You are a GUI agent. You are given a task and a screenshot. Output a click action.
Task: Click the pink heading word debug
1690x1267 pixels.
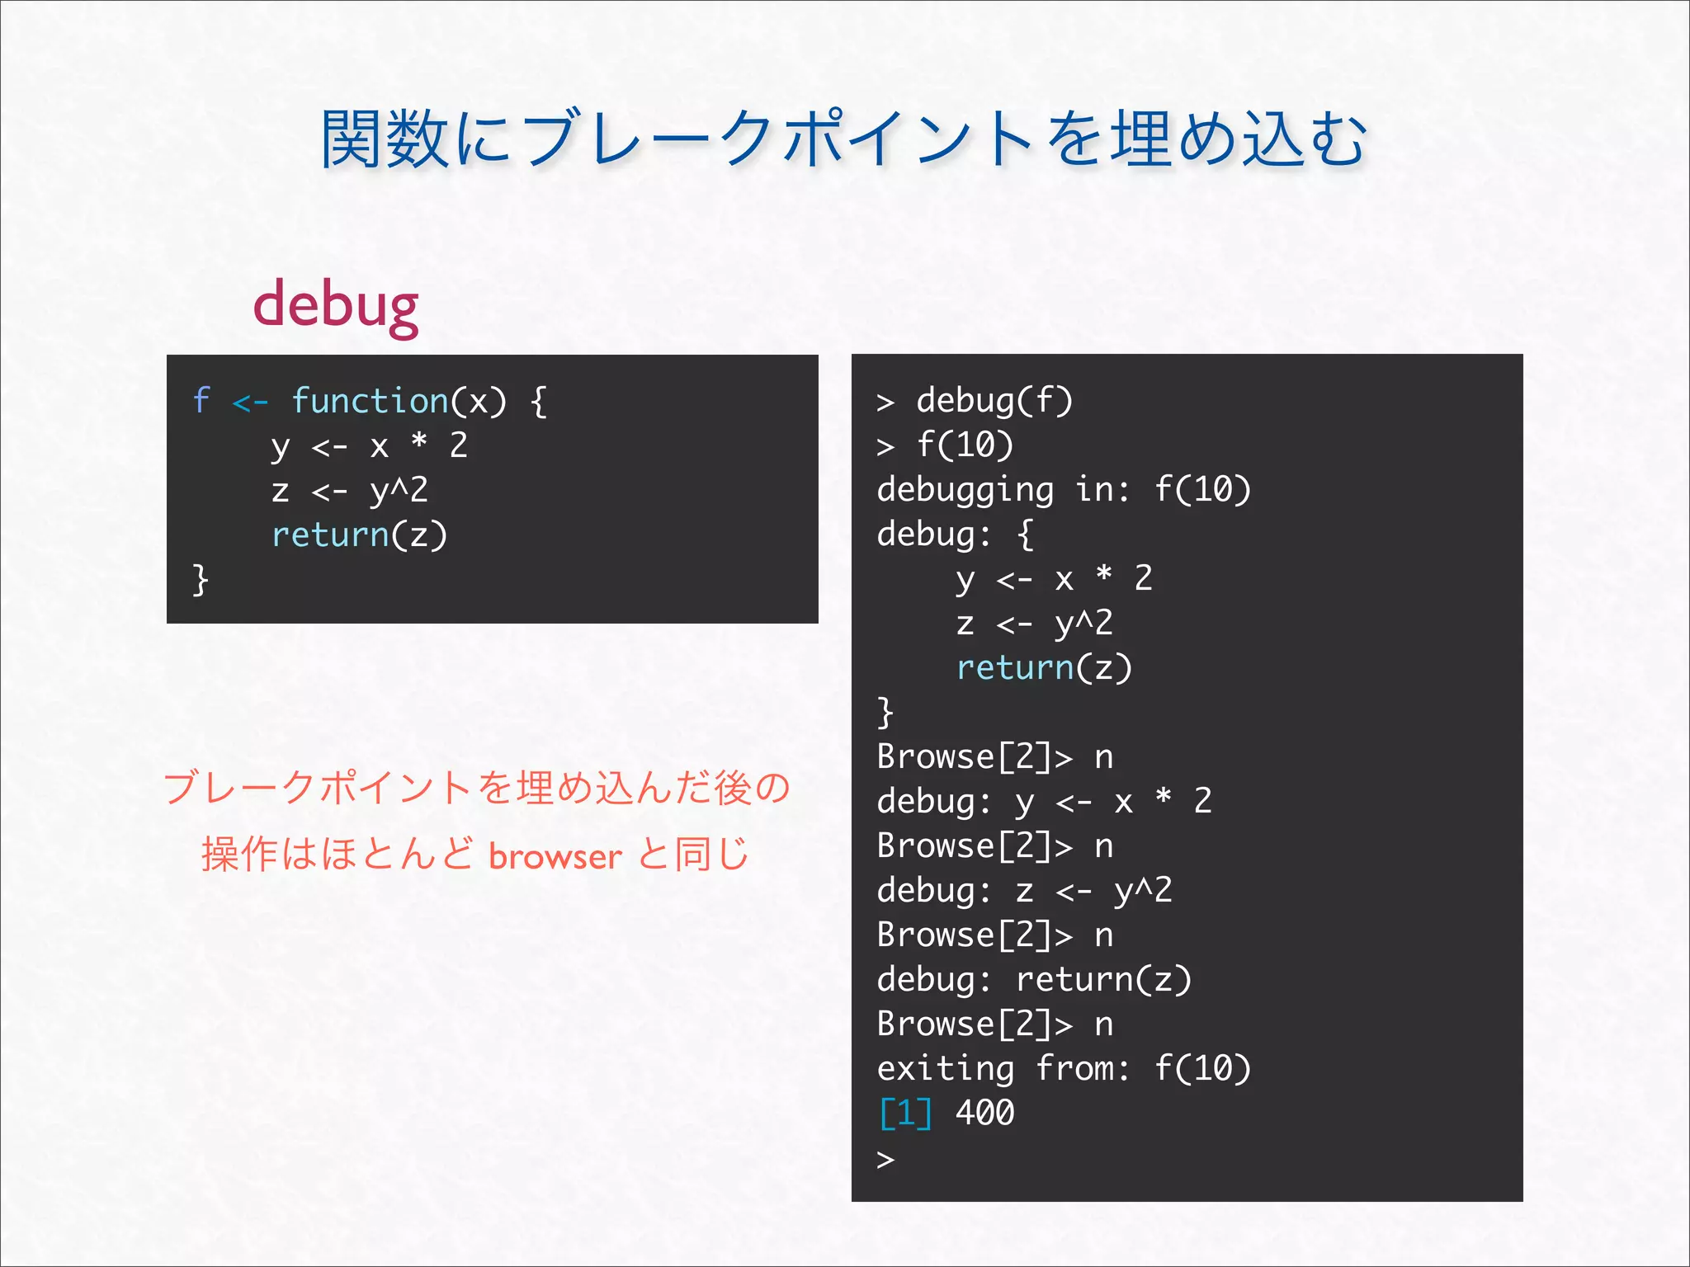pos(336,306)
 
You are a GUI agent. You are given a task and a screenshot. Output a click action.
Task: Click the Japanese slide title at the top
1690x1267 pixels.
pos(843,139)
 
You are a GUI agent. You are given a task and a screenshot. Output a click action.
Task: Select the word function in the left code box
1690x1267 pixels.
pos(370,401)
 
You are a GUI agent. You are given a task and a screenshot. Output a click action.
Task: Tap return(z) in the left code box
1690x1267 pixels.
pos(360,535)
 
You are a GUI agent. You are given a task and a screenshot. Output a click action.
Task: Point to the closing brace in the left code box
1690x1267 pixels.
pos(200,579)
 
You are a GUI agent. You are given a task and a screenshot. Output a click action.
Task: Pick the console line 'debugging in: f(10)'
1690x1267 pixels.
pos(1064,490)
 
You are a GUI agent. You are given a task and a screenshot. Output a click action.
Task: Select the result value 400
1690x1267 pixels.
pos(984,1114)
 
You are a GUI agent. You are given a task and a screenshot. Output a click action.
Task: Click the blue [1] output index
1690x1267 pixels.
pos(905,1114)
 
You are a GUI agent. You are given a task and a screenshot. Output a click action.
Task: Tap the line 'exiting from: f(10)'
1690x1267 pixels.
pos(1064,1069)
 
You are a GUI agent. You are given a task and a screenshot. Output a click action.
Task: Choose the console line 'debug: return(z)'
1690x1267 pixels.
pos(1034,980)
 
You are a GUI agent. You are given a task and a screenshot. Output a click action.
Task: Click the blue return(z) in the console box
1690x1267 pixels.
pos(1044,668)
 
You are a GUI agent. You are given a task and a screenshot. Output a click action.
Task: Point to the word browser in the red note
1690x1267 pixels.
pos(555,856)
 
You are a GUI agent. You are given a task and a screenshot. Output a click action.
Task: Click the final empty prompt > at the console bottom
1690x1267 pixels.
pos(885,1160)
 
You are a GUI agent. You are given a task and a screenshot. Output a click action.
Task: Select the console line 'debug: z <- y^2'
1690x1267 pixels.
pos(1024,891)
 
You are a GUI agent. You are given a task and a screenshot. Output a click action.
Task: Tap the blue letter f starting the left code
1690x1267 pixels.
pos(201,401)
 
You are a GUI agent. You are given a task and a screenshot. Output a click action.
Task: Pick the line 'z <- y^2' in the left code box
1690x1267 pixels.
pos(350,491)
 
